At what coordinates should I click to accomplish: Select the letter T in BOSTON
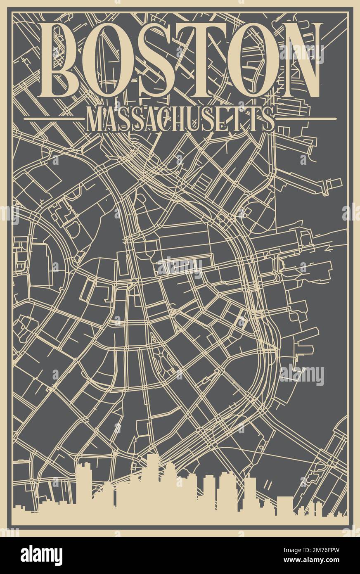pos(200,60)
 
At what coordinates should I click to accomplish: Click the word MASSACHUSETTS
pos(180,119)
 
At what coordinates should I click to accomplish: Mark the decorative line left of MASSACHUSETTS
pos(54,119)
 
